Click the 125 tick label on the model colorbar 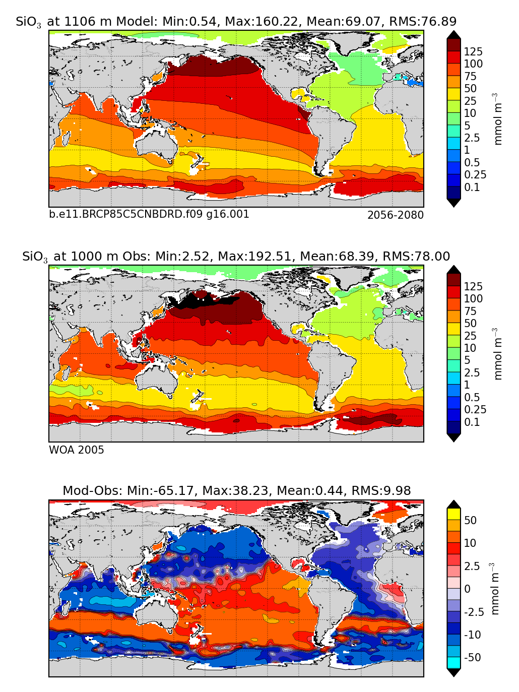click(x=473, y=51)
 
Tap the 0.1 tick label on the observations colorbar click(x=472, y=422)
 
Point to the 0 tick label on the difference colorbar click(x=467, y=589)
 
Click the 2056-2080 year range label click(x=395, y=215)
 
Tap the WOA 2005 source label click(x=77, y=450)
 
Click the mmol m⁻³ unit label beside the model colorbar click(x=498, y=119)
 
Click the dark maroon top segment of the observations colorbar click(x=453, y=279)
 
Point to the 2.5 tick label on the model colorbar click(x=472, y=138)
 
